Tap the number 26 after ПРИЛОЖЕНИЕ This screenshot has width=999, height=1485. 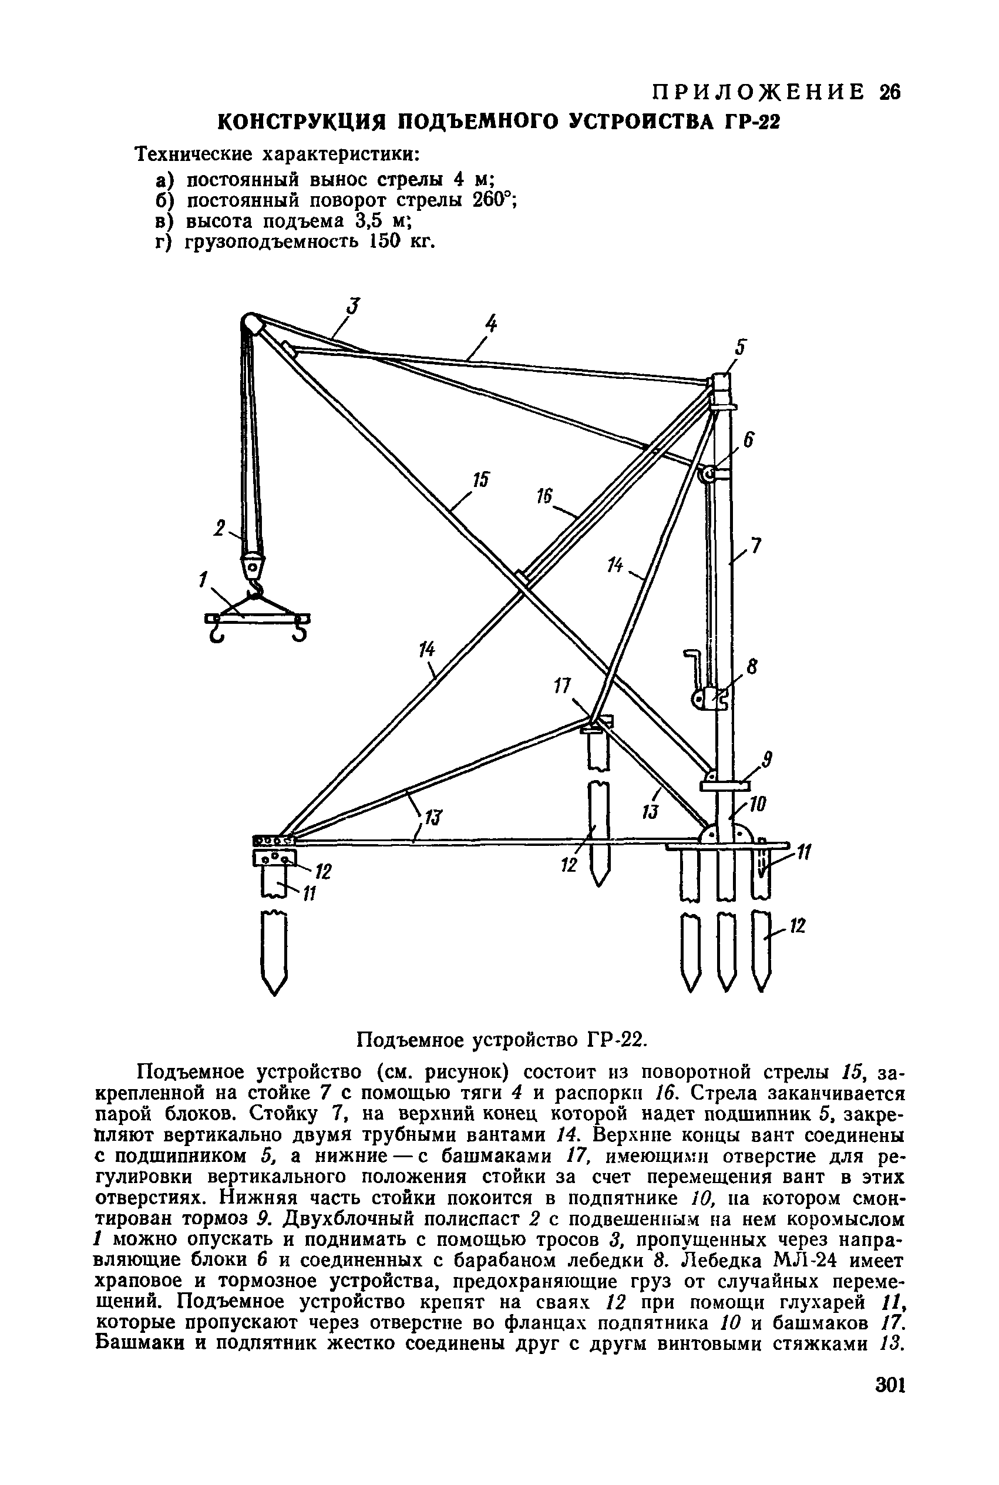point(889,93)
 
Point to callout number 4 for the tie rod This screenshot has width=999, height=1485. point(490,324)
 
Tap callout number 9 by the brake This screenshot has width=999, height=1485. point(768,760)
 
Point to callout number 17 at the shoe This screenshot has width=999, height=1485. point(561,687)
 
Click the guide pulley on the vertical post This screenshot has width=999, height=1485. point(707,475)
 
